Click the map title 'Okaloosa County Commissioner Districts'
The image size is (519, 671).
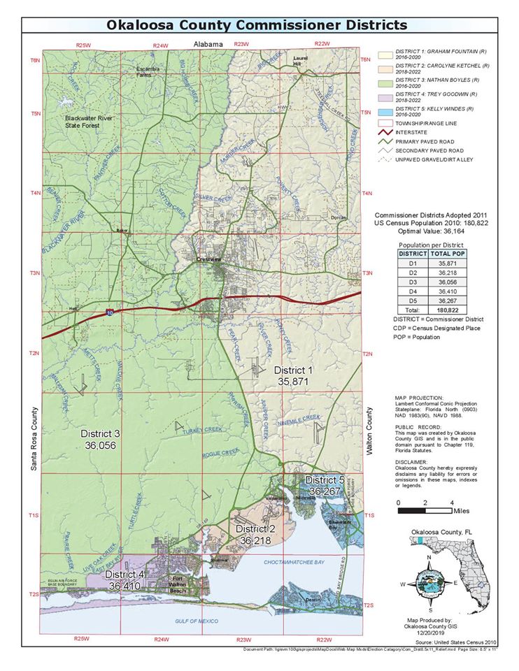click(x=257, y=24)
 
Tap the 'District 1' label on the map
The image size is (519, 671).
click(x=293, y=370)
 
